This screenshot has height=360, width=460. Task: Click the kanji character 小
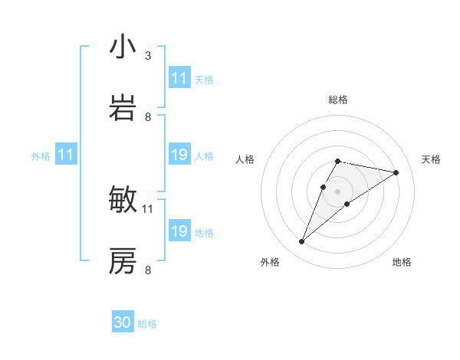tap(123, 47)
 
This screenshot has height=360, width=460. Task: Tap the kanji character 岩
tap(123, 109)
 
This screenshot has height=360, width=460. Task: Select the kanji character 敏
tap(123, 200)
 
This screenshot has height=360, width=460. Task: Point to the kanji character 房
tap(123, 261)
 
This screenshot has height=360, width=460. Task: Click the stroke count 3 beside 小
tap(148, 56)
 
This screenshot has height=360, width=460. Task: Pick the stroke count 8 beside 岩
tap(148, 117)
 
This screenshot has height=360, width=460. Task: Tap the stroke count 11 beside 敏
tap(148, 208)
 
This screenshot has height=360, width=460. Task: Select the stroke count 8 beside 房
tap(148, 270)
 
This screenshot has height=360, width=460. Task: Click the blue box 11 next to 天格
tap(179, 78)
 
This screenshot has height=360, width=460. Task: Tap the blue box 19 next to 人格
tap(179, 155)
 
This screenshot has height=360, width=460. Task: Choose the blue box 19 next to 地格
tap(179, 231)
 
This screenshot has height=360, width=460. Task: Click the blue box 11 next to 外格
tap(65, 155)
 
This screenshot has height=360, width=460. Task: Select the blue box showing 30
tap(123, 323)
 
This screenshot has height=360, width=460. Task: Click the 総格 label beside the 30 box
tap(147, 324)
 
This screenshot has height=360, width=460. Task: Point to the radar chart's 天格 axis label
tap(431, 159)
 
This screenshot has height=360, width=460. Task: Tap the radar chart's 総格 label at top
tap(337, 100)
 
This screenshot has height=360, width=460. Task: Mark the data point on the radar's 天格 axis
tap(396, 172)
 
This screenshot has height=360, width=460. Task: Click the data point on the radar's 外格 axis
tap(301, 242)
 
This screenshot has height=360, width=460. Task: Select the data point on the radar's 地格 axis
tap(347, 204)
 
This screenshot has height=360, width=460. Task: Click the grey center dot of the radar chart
tap(337, 191)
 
